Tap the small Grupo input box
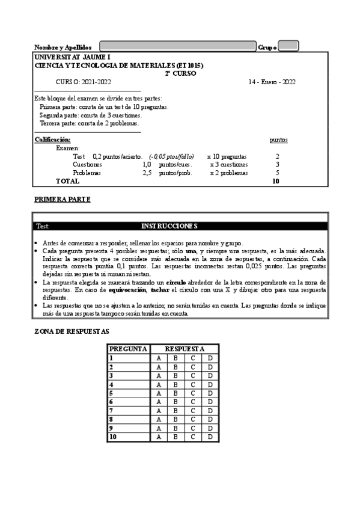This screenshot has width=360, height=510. coord(288,46)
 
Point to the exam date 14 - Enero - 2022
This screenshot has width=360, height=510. coord(272,82)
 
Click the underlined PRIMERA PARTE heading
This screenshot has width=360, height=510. coord(63,199)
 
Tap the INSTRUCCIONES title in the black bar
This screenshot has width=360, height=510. coord(169,226)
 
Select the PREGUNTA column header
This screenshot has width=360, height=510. coord(128,349)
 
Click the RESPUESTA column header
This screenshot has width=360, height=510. coord(184,349)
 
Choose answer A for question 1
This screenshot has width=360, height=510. coord(159,358)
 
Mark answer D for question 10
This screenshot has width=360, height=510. coord(210,437)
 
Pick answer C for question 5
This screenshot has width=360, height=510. coord(193,393)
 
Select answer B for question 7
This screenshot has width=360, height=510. coord(175,411)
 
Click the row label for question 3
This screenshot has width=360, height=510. coord(112,375)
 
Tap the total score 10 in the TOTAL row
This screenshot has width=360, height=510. coord(276,181)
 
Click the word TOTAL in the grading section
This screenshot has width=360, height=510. coord(67,181)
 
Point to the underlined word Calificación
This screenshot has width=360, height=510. coord(52,140)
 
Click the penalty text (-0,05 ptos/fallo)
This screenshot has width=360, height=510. coord(172,156)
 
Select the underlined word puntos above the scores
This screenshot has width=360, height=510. coord(278,140)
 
